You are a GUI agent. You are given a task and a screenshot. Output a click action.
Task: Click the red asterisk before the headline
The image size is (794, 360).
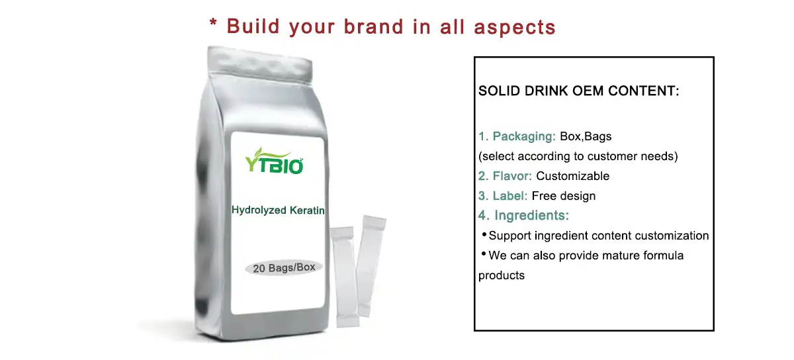214,24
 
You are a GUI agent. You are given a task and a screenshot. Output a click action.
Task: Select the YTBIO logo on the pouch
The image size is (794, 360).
274,160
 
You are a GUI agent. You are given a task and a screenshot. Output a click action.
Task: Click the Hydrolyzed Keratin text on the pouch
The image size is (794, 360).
278,210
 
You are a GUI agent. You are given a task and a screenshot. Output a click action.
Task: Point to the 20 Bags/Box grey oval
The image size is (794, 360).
283,268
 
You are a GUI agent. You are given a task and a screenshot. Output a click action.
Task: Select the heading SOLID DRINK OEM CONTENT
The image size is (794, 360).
578,91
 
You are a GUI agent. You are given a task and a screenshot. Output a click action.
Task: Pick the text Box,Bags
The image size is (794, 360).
586,137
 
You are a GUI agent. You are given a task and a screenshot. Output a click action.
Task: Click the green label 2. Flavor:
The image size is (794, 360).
506,176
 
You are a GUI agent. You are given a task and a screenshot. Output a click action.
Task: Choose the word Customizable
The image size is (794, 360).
572,176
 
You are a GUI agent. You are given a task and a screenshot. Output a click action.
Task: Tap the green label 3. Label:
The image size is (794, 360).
503,196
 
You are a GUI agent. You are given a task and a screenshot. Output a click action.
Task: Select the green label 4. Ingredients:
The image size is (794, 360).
523,216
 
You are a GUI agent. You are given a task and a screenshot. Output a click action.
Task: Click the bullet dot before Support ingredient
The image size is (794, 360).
484,234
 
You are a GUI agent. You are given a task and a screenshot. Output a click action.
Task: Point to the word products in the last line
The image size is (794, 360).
502,275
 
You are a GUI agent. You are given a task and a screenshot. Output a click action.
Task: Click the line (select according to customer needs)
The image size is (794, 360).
578,157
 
